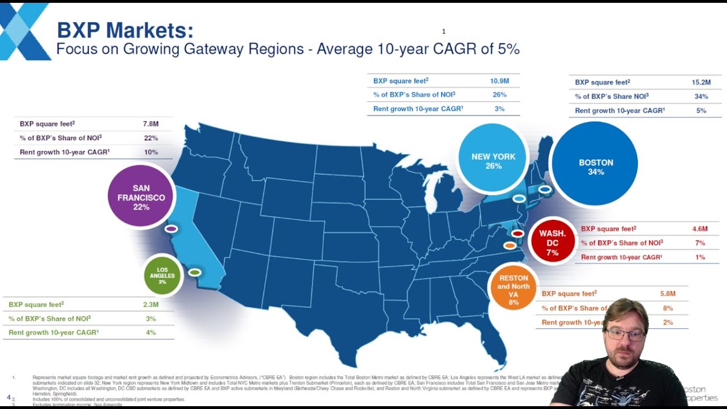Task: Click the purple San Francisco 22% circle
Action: click(x=141, y=197)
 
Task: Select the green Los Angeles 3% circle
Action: click(x=162, y=276)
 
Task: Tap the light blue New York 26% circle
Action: click(x=493, y=161)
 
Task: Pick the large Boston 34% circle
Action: click(x=595, y=165)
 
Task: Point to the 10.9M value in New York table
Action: click(x=499, y=81)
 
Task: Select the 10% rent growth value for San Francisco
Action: click(x=151, y=152)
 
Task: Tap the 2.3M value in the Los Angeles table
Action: click(x=151, y=305)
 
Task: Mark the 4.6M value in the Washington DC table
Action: click(x=700, y=229)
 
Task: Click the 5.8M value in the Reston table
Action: click(x=667, y=294)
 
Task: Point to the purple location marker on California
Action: click(x=171, y=229)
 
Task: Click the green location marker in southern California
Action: click(x=194, y=273)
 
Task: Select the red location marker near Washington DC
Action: click(x=517, y=233)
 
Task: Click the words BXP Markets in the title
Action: click(x=125, y=30)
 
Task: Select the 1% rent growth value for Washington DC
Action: click(x=700, y=257)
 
